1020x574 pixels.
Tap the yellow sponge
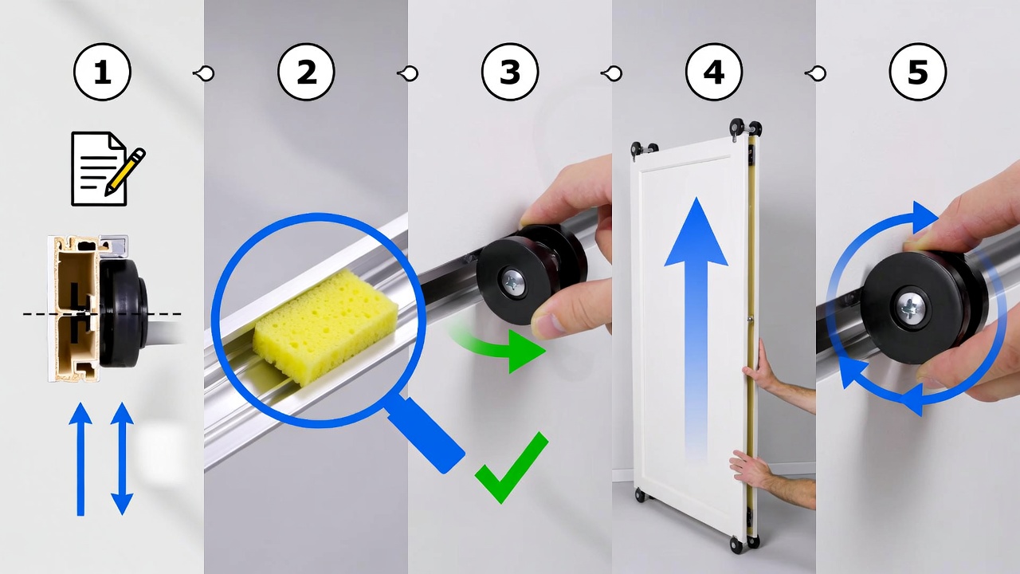[x=327, y=326]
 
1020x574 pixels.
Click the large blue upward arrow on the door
[x=696, y=319]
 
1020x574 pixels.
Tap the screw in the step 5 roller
[x=908, y=307]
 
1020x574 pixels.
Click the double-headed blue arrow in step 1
[x=122, y=458]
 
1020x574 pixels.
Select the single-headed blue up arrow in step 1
[x=80, y=458]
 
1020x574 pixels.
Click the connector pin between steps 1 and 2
[x=204, y=73]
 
